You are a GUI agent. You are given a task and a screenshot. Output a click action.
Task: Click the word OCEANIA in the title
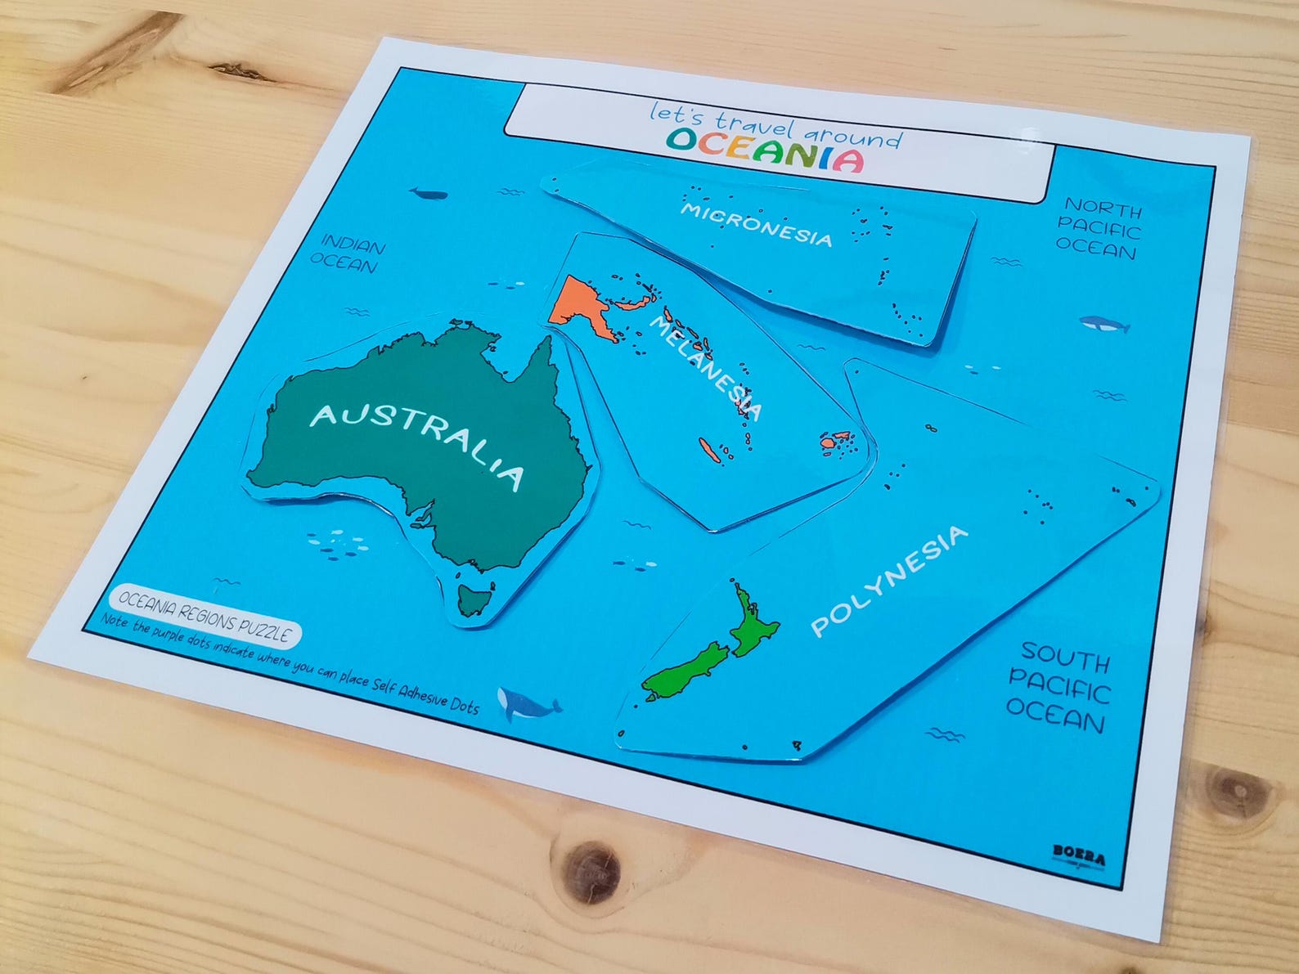pos(764,149)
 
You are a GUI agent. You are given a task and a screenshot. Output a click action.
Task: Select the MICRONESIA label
pos(756,223)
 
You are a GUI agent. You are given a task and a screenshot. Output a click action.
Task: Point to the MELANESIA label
pos(705,367)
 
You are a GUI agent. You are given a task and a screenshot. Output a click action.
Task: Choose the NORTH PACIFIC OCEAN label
pos(1098,229)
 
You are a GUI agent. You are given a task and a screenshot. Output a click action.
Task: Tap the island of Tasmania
pos(473,599)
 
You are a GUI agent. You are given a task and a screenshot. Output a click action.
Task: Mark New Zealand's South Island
pos(683,672)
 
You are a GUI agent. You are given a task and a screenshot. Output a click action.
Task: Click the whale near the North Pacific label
pos(1104,325)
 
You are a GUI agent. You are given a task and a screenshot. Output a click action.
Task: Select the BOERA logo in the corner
pos(1078,855)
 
